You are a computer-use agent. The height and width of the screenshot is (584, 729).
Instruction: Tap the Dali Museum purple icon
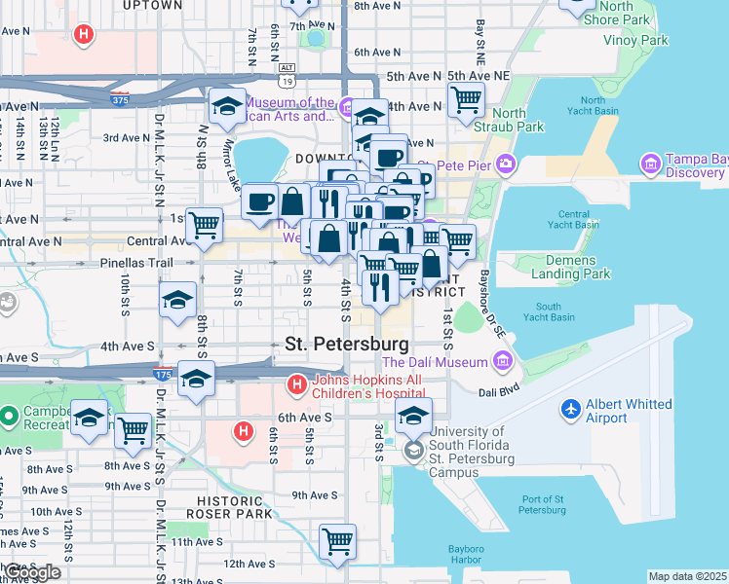(x=502, y=363)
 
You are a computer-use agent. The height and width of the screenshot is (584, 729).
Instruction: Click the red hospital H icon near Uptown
(x=85, y=36)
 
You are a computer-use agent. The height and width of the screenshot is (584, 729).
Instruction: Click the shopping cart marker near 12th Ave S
(x=337, y=540)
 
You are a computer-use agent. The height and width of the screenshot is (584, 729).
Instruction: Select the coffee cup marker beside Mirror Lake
(x=260, y=201)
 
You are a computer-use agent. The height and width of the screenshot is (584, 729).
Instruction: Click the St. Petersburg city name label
(x=347, y=344)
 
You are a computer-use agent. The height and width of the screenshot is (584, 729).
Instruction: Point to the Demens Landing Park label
(x=556, y=268)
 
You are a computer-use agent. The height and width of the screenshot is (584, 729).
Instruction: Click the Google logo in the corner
(x=31, y=572)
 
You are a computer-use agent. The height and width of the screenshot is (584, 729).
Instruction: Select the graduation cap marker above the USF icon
(x=413, y=415)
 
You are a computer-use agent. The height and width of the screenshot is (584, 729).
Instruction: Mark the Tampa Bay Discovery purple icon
(x=650, y=162)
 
